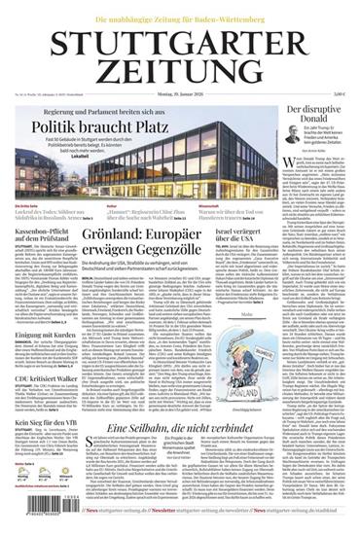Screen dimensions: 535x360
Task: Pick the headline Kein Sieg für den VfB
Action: pyautogui.click(x=45, y=452)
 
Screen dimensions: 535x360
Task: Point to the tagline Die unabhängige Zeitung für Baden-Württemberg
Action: pyautogui.click(x=180, y=11)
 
